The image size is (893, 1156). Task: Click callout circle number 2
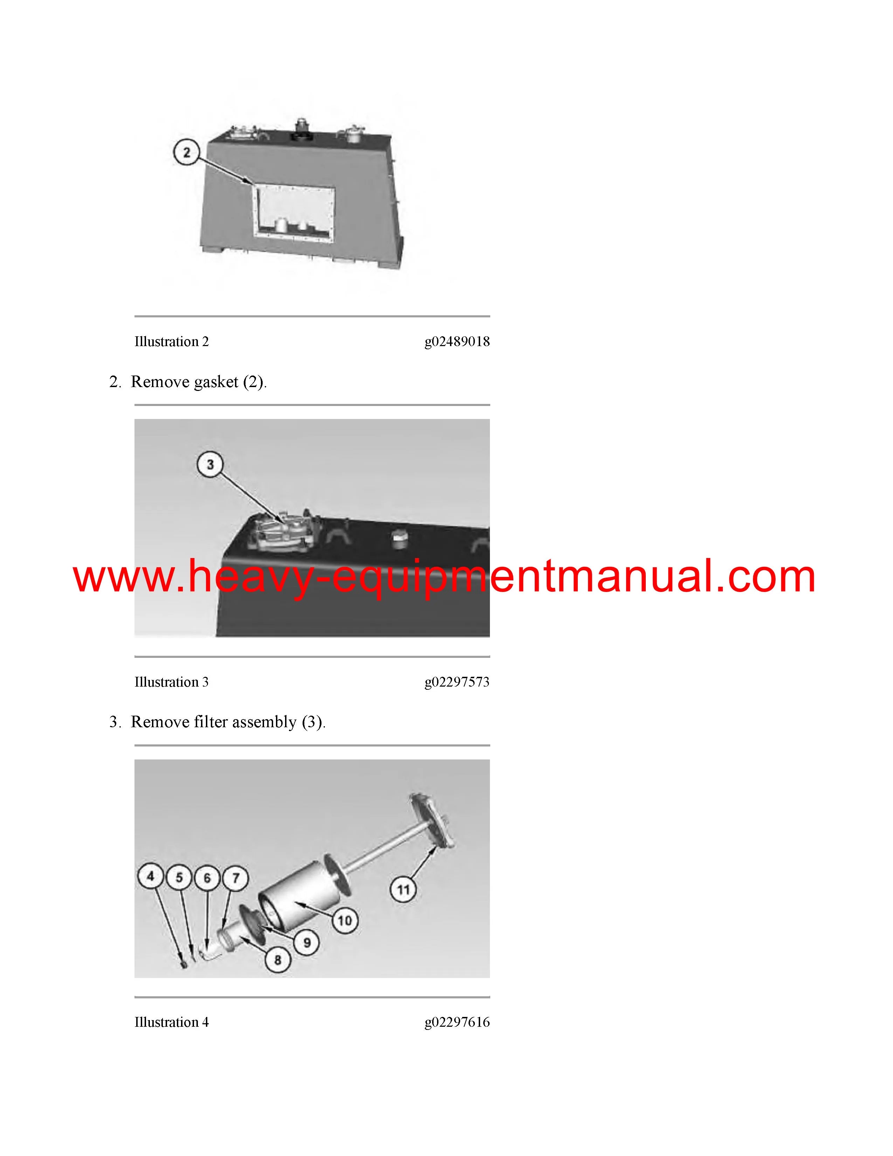pyautogui.click(x=186, y=152)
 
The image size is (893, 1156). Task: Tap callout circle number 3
pyautogui.click(x=210, y=465)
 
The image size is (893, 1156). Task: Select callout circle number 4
pyautogui.click(x=151, y=876)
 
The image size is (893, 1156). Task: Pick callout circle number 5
pyautogui.click(x=179, y=878)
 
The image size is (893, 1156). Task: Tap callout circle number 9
pyautogui.click(x=307, y=942)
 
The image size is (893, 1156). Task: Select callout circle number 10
pyautogui.click(x=345, y=921)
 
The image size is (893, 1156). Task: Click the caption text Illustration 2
pyautogui.click(x=171, y=342)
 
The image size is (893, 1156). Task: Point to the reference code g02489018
pyautogui.click(x=457, y=342)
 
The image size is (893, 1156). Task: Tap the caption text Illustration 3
pyautogui.click(x=171, y=682)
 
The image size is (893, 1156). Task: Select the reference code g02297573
pyautogui.click(x=457, y=682)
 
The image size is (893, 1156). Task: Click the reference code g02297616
pyautogui.click(x=457, y=1022)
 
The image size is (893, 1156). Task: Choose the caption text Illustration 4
pyautogui.click(x=171, y=1022)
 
